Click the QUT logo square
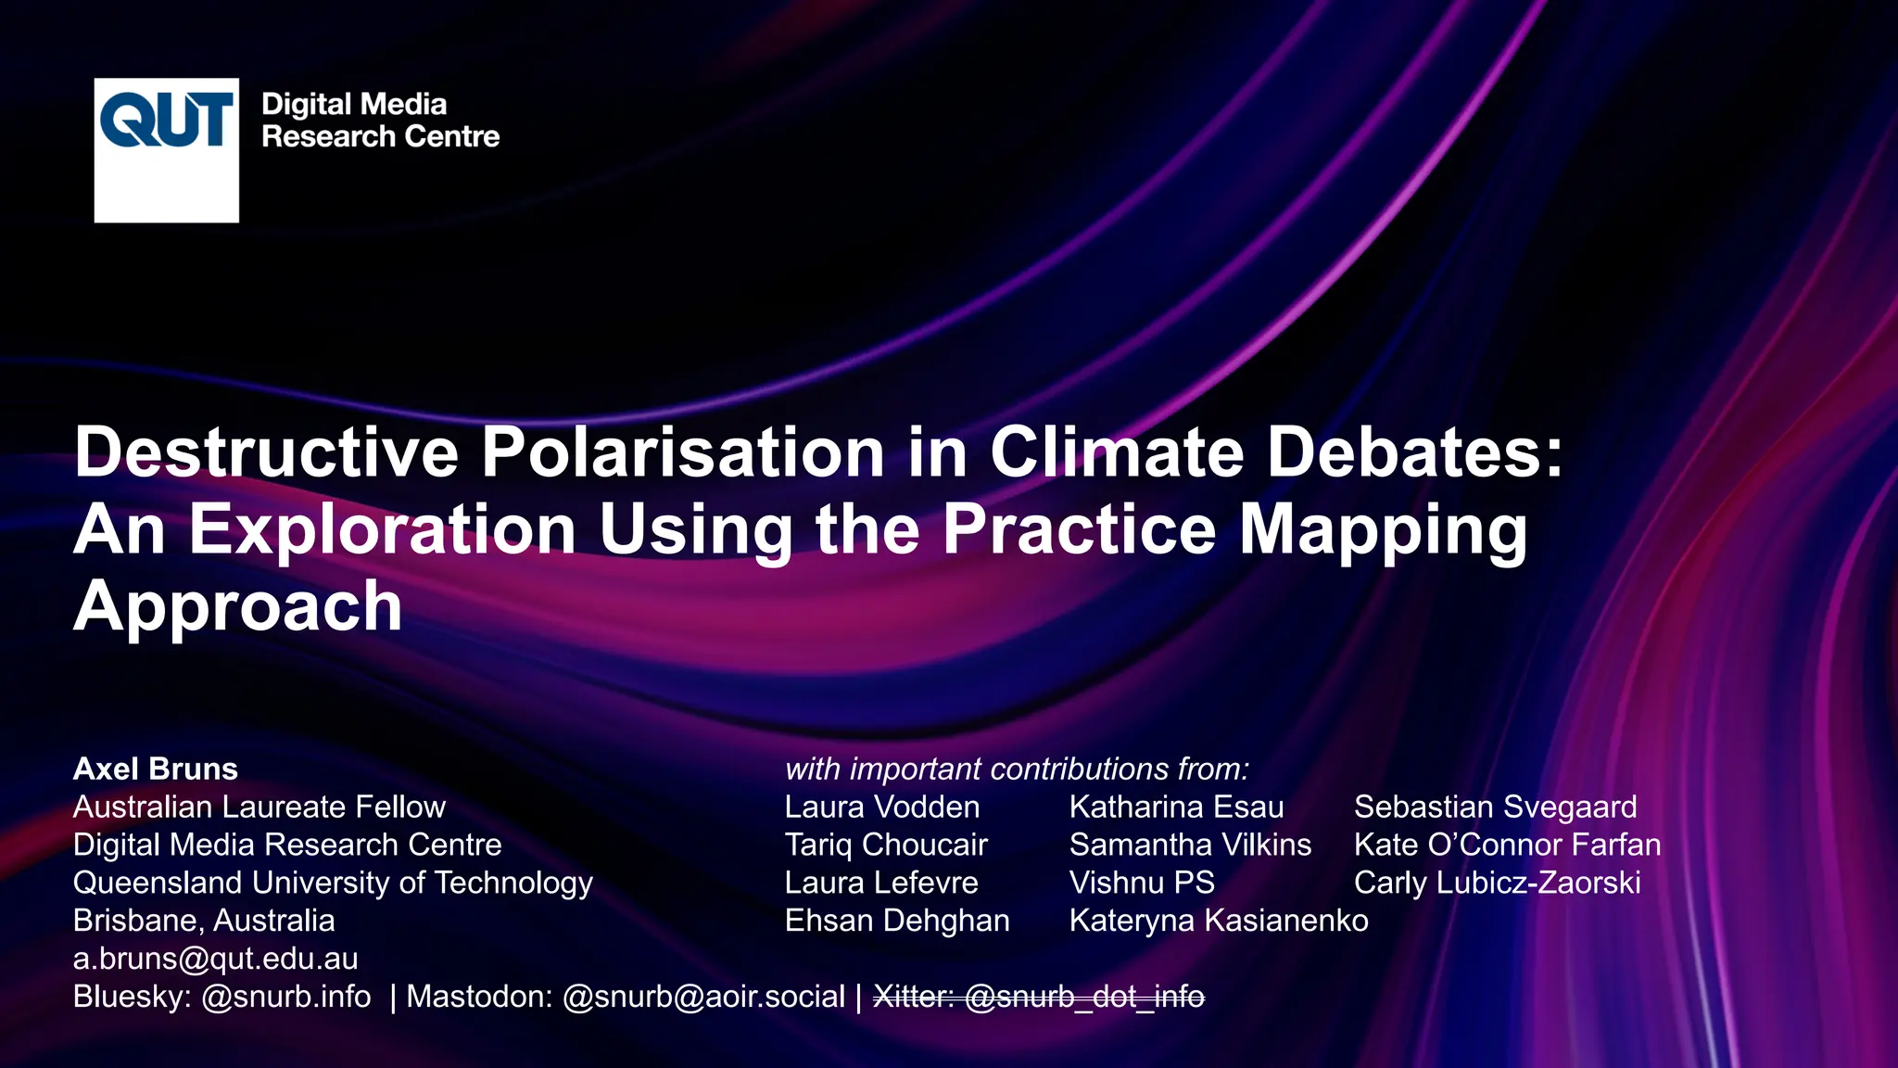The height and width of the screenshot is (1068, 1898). (x=166, y=150)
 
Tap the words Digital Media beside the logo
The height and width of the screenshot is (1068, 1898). (x=354, y=104)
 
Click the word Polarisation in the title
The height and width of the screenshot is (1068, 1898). (x=683, y=452)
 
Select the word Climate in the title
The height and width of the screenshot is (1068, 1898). (x=1117, y=452)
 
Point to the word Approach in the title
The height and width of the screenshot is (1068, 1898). (x=238, y=606)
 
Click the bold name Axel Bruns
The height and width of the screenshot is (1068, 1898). (x=156, y=769)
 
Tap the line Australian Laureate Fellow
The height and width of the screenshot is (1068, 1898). (x=259, y=807)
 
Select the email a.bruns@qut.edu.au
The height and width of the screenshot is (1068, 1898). (x=216, y=959)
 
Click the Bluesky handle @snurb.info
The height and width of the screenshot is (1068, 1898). (x=286, y=997)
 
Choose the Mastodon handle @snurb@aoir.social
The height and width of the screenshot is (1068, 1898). (x=704, y=997)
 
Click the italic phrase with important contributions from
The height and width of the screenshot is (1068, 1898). (x=1017, y=769)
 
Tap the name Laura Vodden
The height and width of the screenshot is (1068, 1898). (x=882, y=807)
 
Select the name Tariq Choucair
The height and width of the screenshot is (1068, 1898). (x=886, y=845)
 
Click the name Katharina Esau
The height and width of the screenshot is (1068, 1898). (x=1176, y=807)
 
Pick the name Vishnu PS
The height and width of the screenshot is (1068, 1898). (x=1142, y=883)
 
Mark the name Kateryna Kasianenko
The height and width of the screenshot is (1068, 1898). (x=1219, y=921)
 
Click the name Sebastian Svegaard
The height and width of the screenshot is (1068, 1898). (x=1495, y=807)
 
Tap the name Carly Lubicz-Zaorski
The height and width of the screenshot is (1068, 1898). (x=1497, y=883)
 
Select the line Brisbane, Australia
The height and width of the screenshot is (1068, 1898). (x=204, y=921)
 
